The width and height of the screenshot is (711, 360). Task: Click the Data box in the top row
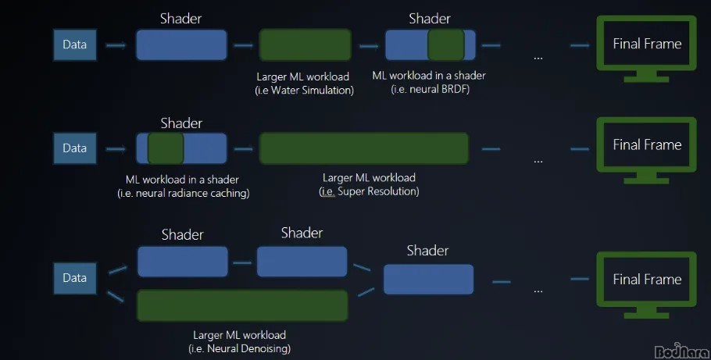(x=74, y=45)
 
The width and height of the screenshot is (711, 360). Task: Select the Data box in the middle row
(x=74, y=148)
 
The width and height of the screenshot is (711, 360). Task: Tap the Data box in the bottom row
(x=74, y=278)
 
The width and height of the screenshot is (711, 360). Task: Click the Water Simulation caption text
(x=304, y=91)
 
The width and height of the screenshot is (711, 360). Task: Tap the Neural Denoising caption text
(x=243, y=348)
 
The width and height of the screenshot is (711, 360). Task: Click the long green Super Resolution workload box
(x=363, y=148)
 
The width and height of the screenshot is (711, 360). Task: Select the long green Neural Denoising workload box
(x=242, y=305)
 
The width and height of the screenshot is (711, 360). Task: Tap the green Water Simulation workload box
(x=305, y=45)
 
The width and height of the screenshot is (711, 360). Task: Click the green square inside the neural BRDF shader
(x=446, y=45)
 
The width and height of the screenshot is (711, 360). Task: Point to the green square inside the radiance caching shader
(x=166, y=148)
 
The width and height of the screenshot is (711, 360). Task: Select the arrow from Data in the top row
(x=116, y=45)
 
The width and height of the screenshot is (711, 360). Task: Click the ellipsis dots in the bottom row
(x=538, y=290)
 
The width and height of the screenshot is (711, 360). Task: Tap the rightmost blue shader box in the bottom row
(x=428, y=279)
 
